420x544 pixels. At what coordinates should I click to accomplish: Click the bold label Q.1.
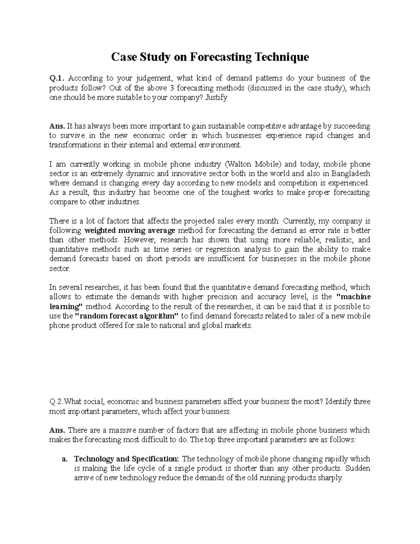(56, 78)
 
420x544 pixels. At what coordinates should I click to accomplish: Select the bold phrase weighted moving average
(130, 230)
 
